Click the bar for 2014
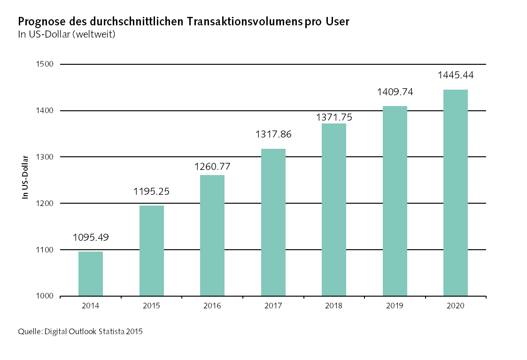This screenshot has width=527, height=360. (x=91, y=274)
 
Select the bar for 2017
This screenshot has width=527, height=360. (x=273, y=222)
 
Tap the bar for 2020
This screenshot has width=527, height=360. (x=456, y=192)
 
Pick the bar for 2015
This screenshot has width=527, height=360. (x=151, y=251)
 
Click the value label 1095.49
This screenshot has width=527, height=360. (x=91, y=237)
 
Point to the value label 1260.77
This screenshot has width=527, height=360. (x=212, y=166)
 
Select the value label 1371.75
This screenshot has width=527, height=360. (x=334, y=117)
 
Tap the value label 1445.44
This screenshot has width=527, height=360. (x=456, y=75)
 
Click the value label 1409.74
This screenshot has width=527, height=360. (x=395, y=92)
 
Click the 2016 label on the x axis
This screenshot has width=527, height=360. (x=212, y=306)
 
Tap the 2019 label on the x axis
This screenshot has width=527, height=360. (x=395, y=306)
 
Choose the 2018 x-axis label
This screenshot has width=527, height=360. (x=334, y=306)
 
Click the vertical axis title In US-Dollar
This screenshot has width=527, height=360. (x=26, y=176)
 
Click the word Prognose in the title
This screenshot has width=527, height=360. (x=38, y=22)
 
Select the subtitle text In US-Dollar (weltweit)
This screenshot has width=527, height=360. (x=66, y=34)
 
